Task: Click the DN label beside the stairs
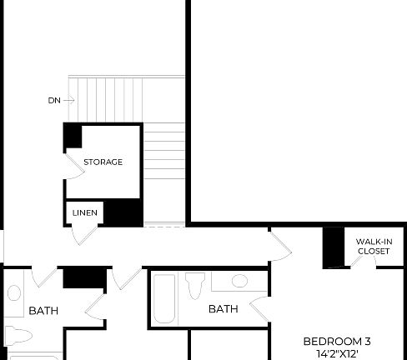pyautogui.click(x=54, y=100)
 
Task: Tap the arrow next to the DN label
pyautogui.click(x=69, y=100)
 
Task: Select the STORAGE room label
pyautogui.click(x=103, y=162)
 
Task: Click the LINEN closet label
pyautogui.click(x=84, y=213)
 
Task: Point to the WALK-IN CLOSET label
pyautogui.click(x=373, y=246)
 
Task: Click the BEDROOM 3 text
pyautogui.click(x=336, y=341)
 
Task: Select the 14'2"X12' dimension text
pyautogui.click(x=336, y=353)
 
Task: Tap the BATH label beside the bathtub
pyautogui.click(x=223, y=309)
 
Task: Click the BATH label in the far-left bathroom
pyautogui.click(x=43, y=311)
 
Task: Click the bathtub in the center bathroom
pyautogui.click(x=164, y=300)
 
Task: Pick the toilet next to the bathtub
pyautogui.click(x=195, y=286)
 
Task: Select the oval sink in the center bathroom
pyautogui.click(x=239, y=281)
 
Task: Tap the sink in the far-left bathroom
pyautogui.click(x=14, y=293)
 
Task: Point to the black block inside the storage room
pyautogui.click(x=73, y=136)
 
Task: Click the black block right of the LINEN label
pyautogui.click(x=123, y=212)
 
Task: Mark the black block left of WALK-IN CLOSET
pyautogui.click(x=334, y=247)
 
